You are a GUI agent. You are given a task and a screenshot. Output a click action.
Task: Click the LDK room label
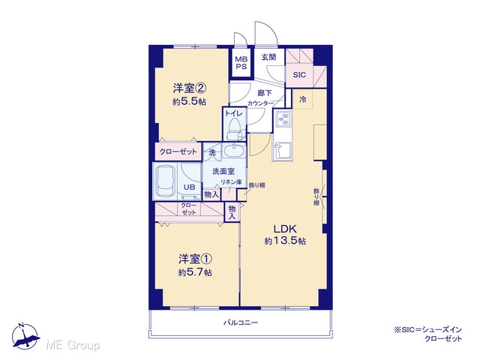click(285, 229)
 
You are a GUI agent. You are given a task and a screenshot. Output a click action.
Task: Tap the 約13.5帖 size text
click(285, 241)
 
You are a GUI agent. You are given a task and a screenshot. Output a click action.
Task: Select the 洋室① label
click(195, 259)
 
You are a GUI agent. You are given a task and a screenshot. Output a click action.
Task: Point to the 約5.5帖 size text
click(189, 102)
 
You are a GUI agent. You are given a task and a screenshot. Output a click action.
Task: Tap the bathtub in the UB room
click(165, 181)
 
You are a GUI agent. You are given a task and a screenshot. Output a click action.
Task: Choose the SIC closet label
click(299, 75)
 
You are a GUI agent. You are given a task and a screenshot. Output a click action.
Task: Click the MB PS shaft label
click(241, 63)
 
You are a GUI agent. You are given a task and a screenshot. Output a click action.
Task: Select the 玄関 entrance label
click(268, 57)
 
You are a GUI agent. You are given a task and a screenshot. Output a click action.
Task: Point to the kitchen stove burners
click(283, 118)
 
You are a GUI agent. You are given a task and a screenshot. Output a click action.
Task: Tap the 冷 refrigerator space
click(303, 99)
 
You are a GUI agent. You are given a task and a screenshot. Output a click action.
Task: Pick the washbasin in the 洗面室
click(233, 150)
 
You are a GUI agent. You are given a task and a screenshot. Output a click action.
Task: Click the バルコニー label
click(241, 322)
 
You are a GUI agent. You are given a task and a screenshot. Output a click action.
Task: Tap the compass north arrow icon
click(25, 337)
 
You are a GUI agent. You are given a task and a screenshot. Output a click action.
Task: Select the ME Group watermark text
click(73, 345)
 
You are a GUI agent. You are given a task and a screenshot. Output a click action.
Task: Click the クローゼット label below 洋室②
click(178, 151)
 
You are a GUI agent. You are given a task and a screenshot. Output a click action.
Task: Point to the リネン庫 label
click(232, 181)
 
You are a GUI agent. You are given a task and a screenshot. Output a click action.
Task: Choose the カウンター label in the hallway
click(260, 103)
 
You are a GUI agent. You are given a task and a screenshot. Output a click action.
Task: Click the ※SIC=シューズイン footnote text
click(428, 330)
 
